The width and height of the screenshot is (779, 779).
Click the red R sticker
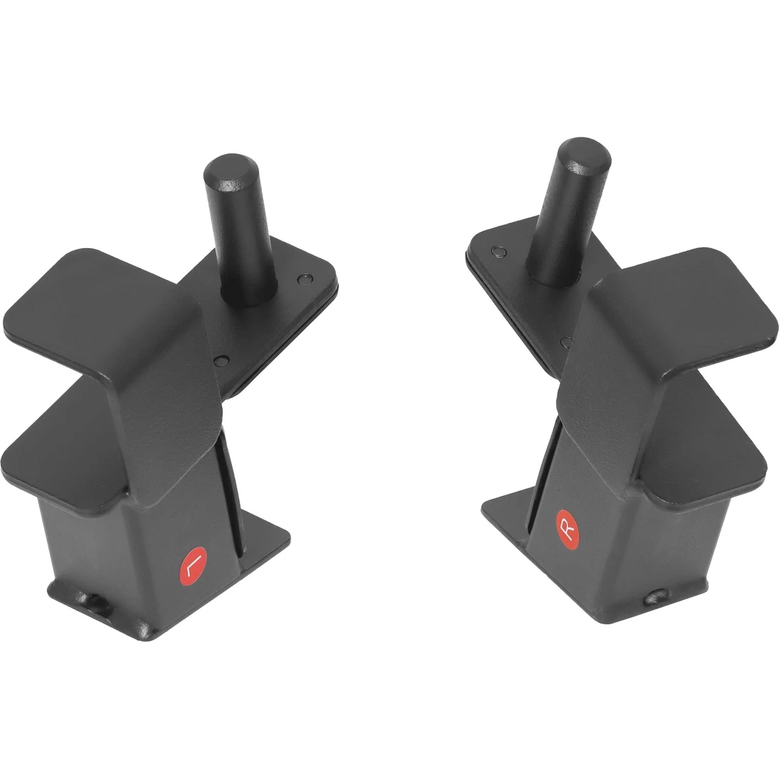click(567, 530)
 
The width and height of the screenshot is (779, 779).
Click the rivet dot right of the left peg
click(305, 279)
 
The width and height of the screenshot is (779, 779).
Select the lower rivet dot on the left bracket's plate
click(221, 360)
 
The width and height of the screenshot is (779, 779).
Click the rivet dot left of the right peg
click(498, 252)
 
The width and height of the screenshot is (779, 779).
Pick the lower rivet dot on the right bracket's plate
click(566, 342)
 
